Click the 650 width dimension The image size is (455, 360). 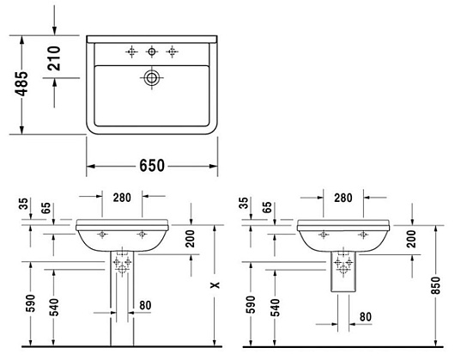[152, 166]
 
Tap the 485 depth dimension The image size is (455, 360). [21, 83]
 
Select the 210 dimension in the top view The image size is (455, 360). [54, 58]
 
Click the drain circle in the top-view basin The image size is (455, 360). [151, 78]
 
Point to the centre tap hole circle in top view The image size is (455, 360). [151, 52]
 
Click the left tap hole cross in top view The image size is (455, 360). [131, 52]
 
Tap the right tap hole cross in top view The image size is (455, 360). [172, 52]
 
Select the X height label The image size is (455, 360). [215, 285]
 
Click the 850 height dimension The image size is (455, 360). [436, 285]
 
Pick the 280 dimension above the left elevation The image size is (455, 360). [122, 198]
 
